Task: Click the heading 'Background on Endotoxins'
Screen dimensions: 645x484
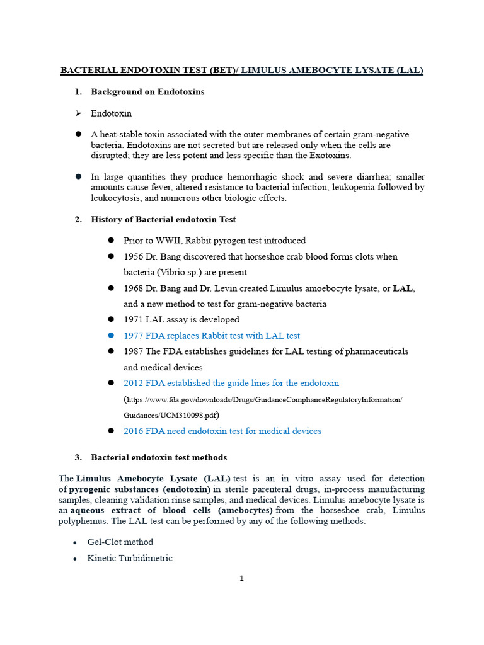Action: pyautogui.click(x=147, y=92)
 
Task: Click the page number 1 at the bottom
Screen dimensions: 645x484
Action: pyautogui.click(x=241, y=579)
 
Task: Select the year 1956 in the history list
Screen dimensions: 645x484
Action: pyautogui.click(x=133, y=257)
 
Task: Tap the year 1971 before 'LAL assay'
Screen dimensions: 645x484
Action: pyautogui.click(x=133, y=320)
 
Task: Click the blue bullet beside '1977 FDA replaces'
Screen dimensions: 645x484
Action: pyautogui.click(x=110, y=336)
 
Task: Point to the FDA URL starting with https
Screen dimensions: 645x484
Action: pyautogui.click(x=263, y=400)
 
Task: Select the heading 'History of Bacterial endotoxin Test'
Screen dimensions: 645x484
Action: pyautogui.click(x=163, y=220)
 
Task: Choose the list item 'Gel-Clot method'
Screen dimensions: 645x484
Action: pyautogui.click(x=120, y=542)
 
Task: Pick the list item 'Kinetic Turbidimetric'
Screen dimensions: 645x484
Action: pyautogui.click(x=130, y=558)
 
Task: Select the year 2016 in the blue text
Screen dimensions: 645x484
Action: pyautogui.click(x=133, y=431)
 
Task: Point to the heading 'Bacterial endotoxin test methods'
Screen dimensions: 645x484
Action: pyautogui.click(x=159, y=457)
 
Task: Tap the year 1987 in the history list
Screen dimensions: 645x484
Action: pyautogui.click(x=133, y=351)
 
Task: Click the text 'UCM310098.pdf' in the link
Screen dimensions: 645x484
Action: pyautogui.click(x=191, y=416)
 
